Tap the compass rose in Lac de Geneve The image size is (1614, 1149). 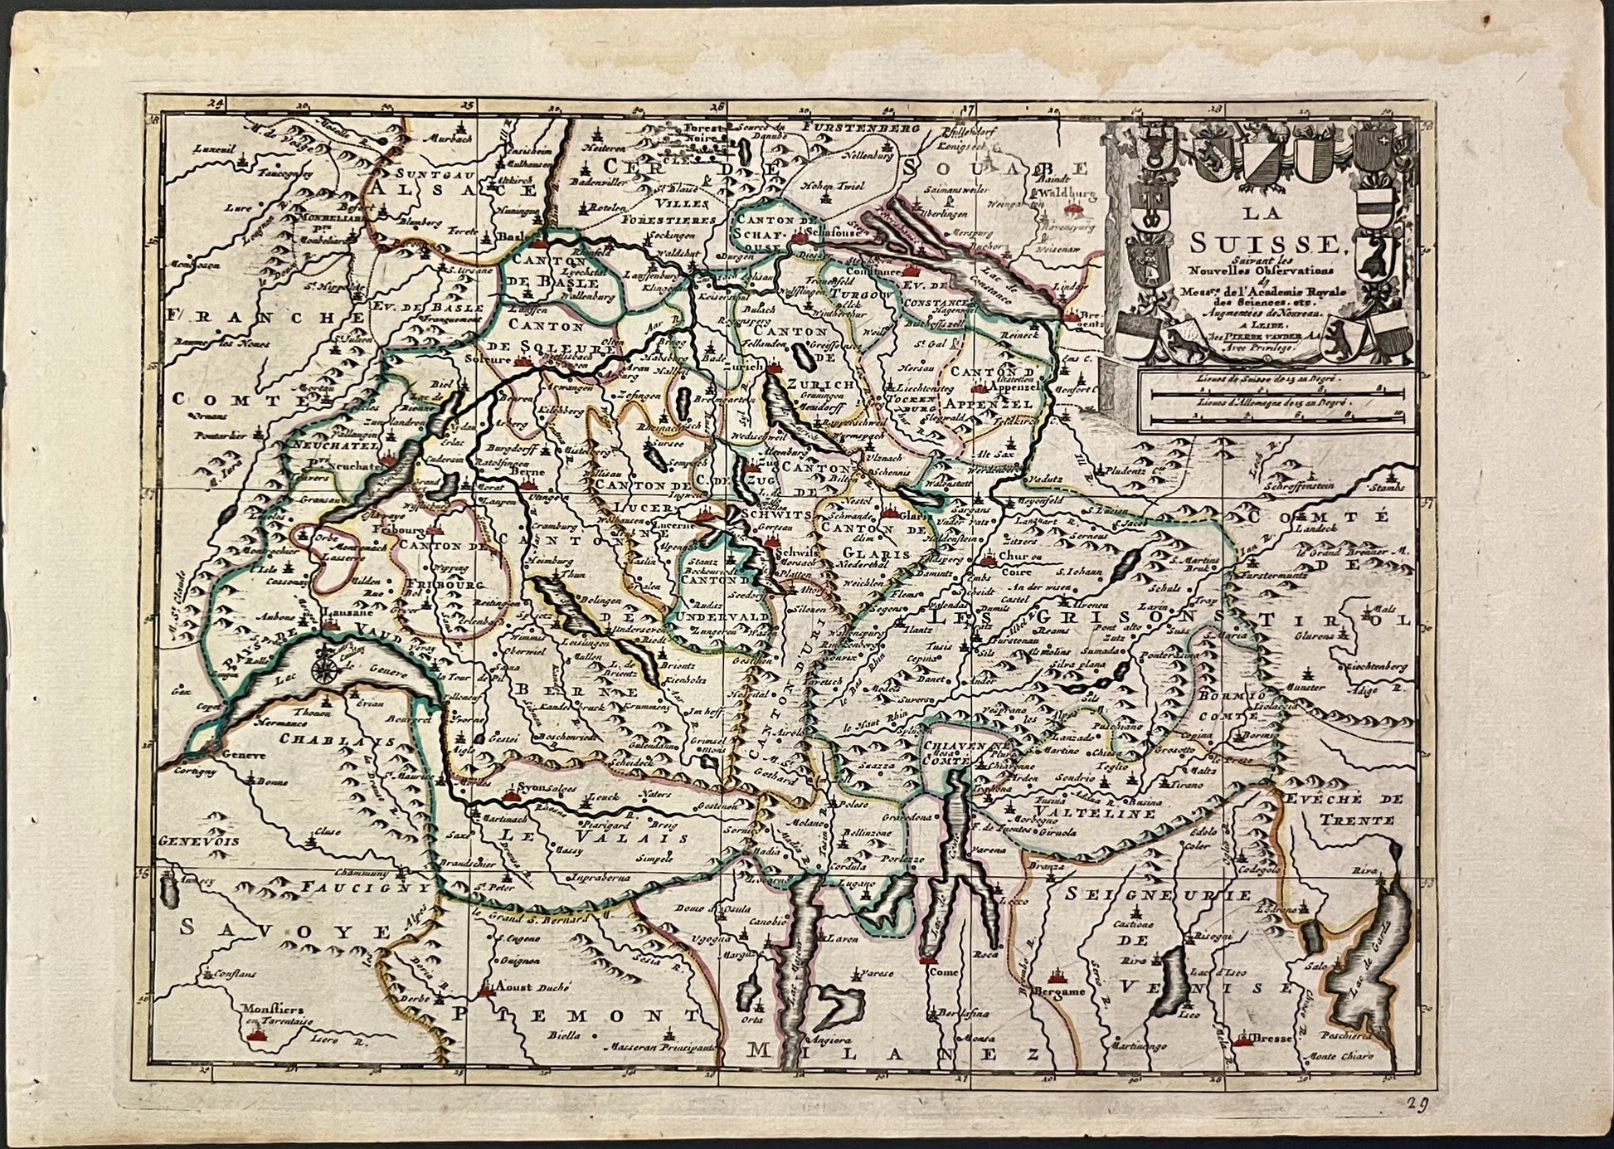point(324,666)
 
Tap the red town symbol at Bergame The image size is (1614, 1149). point(1057,976)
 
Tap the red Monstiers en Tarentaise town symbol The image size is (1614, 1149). point(259,1037)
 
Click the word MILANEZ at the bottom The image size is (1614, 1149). point(892,1054)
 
